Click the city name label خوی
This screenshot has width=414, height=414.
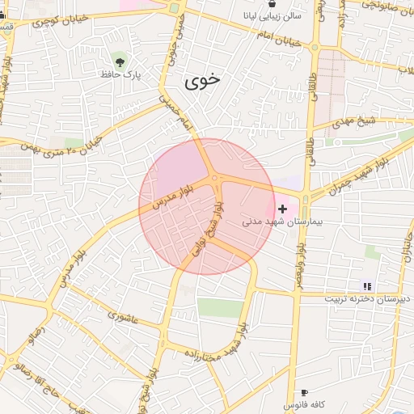[x=202, y=81]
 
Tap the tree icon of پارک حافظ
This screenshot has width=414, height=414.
[x=120, y=61]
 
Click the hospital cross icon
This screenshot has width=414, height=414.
[x=281, y=209]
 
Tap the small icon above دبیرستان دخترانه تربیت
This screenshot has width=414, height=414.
[x=367, y=285]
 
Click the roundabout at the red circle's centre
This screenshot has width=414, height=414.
[x=213, y=178]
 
